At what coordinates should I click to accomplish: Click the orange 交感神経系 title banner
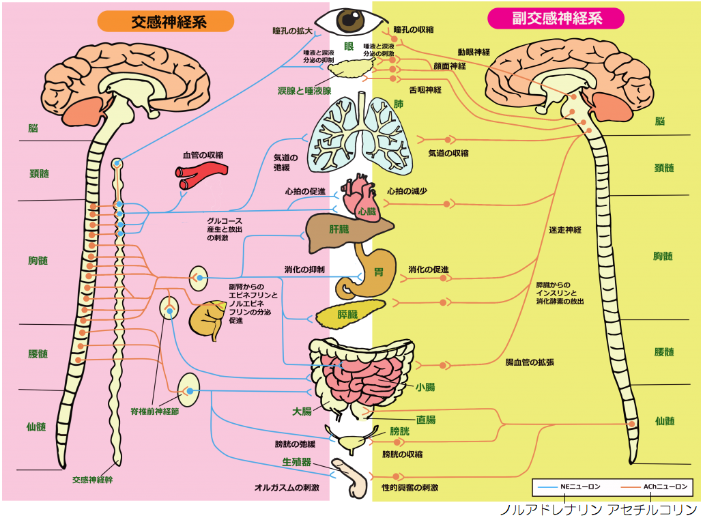pos(165,21)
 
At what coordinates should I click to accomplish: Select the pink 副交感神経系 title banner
pos(556,18)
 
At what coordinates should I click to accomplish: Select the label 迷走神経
pos(564,230)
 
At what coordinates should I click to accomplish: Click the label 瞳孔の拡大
pos(291,31)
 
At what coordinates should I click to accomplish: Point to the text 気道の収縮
pos(448,153)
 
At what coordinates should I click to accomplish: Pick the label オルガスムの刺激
pos(287,487)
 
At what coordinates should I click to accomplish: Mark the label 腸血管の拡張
pos(529,362)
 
